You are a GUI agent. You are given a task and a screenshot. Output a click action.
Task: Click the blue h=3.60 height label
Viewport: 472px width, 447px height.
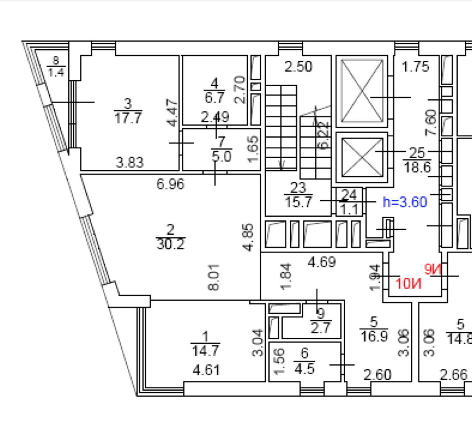pos(405,202)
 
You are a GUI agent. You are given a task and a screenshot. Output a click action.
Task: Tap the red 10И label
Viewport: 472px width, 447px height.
pos(409,284)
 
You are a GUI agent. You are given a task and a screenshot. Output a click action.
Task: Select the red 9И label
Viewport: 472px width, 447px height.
pos(432,269)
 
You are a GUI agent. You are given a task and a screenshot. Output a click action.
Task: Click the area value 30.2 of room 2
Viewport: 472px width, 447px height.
pos(170,244)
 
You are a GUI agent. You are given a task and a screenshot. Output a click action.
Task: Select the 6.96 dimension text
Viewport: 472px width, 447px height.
pos(171,184)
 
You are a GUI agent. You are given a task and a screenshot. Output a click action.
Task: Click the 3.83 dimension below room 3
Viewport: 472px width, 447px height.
pos(130,162)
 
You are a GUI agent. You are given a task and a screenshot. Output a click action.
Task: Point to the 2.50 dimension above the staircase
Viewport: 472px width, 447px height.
pos(299,67)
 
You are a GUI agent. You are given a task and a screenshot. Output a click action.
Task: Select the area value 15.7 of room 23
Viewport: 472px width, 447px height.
pos(298,202)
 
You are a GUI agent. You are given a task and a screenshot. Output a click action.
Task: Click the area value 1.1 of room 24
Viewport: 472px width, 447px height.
pos(350,209)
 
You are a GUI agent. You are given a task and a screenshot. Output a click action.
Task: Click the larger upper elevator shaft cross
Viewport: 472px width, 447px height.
pos(361,91)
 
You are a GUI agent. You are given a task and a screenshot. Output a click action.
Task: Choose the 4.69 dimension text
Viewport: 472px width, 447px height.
pos(322,261)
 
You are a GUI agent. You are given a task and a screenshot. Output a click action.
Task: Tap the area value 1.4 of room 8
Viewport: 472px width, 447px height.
pos(56,73)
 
